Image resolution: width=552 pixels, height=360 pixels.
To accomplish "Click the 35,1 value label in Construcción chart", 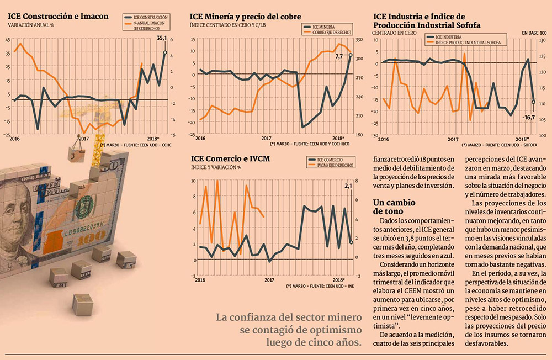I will tap(161, 38).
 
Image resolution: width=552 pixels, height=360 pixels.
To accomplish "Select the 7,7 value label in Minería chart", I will tap(339, 56).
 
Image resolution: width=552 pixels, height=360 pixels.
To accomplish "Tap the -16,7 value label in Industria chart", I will tap(529, 117).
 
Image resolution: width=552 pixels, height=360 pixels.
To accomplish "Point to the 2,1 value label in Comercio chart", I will tap(348, 186).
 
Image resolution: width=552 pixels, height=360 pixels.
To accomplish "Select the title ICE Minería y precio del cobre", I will tap(245, 17).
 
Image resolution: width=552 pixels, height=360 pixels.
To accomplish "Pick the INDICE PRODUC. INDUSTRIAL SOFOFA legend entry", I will tap(468, 41).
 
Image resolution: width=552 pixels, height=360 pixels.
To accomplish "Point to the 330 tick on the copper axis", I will tap(358, 39).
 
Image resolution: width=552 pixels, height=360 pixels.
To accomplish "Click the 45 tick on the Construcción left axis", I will tap(7, 40).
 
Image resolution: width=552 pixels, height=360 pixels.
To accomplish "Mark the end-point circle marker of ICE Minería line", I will tap(350, 55).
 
